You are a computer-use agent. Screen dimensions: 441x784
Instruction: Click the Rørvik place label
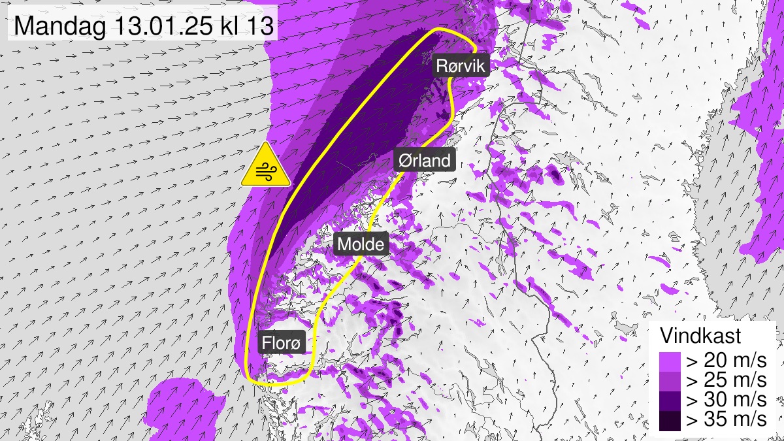click(x=463, y=66)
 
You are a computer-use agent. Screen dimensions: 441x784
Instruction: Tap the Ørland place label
click(x=425, y=160)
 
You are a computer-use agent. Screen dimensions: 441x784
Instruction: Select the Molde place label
click(x=361, y=244)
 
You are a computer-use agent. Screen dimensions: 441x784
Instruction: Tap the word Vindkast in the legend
click(x=700, y=336)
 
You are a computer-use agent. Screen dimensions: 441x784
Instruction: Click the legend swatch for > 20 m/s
click(x=670, y=361)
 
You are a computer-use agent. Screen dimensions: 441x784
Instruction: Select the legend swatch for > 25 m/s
click(x=670, y=380)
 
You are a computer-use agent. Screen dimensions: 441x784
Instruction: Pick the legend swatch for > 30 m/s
click(x=670, y=400)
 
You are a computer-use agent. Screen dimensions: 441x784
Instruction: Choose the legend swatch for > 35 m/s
click(x=670, y=419)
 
